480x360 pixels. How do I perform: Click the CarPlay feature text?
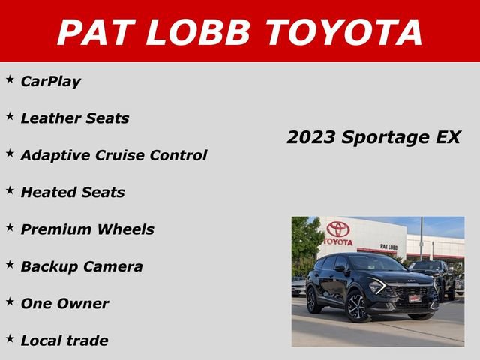coord(51,81)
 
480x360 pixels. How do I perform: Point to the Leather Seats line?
coord(75,118)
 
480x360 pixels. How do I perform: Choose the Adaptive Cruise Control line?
coord(114,155)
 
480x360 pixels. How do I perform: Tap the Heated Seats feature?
coord(73,192)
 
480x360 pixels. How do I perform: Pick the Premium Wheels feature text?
coord(88,229)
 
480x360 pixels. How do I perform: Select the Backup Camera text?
coord(82,266)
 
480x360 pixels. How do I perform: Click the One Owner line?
coord(64,304)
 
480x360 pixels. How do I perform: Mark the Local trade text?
coord(64,340)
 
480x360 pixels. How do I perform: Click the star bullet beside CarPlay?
coord(10,78)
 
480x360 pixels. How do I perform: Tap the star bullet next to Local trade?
coord(10,337)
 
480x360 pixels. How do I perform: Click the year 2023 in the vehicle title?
coord(311,137)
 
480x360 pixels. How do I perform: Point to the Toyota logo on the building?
coord(338,229)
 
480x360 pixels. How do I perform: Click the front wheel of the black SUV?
coord(356,307)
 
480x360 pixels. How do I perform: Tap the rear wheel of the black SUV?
coord(313,300)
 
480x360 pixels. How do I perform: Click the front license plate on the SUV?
coord(414,298)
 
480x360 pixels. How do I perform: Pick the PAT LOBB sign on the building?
coord(388,246)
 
